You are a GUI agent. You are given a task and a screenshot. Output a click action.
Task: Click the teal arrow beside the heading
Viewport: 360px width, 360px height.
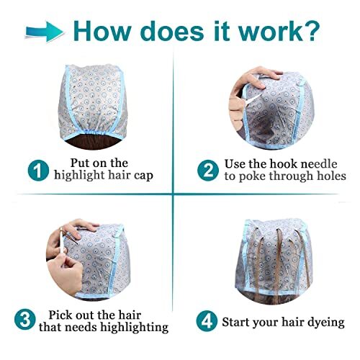(x=42, y=30)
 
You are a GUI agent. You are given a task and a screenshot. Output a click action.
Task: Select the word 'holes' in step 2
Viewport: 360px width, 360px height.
(x=329, y=176)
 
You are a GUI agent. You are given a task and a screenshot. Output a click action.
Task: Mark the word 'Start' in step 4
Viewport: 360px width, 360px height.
(x=238, y=321)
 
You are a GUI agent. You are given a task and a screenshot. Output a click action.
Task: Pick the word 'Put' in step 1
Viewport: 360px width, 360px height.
(x=83, y=162)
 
